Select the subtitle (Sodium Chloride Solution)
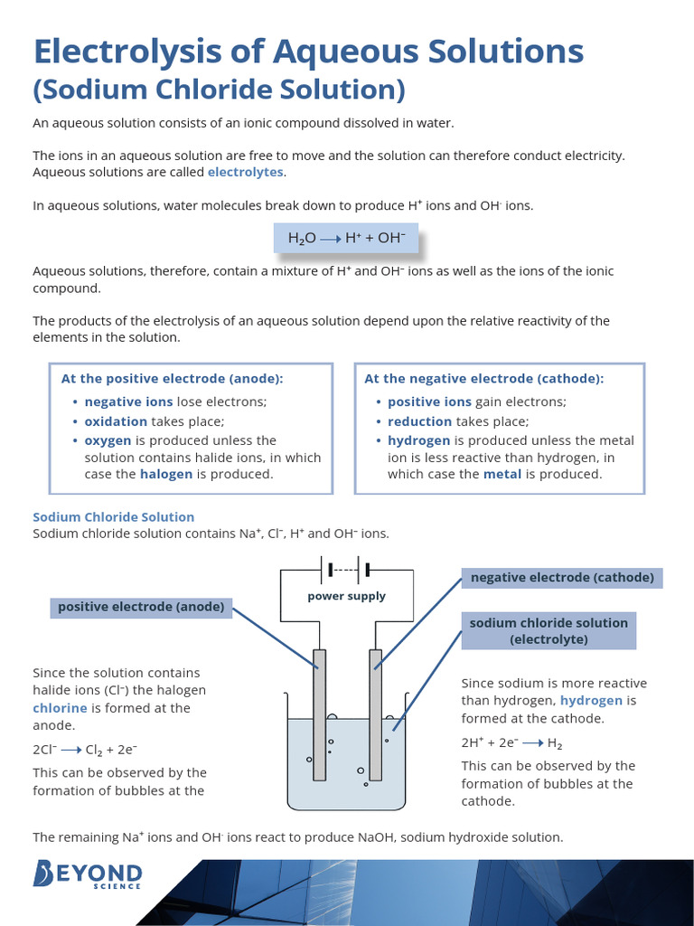pos(219,90)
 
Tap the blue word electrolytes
pos(245,172)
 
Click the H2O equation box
pos(347,238)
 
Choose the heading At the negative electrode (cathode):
pos(483,379)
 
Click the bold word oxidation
pos(116,421)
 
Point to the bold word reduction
pos(419,421)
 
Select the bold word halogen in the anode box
pos(165,474)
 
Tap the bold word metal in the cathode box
pos(502,474)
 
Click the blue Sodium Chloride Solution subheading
pos(114,517)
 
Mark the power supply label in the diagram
pos(346,596)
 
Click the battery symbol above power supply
pos(347,570)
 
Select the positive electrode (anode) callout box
pos(141,607)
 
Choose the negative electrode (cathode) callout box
pos(562,578)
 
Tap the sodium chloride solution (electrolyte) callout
pos(549,630)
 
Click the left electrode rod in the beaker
pos(319,714)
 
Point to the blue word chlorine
pos(61,708)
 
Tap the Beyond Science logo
pos(88,875)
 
